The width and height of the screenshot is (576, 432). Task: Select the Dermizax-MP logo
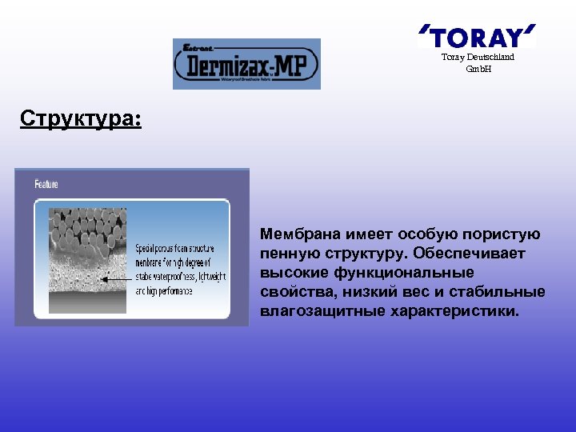[x=246, y=64]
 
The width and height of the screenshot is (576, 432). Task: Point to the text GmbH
[x=478, y=69]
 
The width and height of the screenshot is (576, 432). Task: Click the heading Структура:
[x=81, y=120]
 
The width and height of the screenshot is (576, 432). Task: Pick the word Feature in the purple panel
[x=46, y=184]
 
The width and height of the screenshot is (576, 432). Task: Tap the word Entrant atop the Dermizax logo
[x=198, y=47]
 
